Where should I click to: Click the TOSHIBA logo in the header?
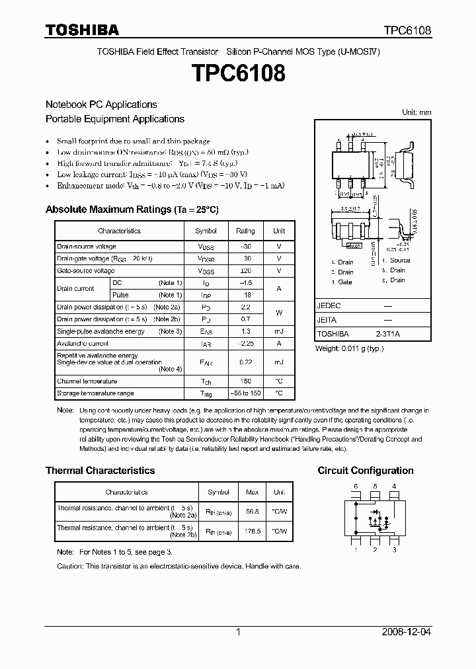(82, 30)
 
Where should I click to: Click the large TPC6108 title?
(237, 73)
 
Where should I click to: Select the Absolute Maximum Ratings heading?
(132, 210)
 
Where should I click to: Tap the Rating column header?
(245, 231)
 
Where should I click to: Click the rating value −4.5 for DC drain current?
(245, 283)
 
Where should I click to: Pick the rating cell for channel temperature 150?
(245, 381)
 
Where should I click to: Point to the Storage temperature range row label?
(95, 393)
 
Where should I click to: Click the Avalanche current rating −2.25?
(245, 344)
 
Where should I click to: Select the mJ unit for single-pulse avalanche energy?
(279, 331)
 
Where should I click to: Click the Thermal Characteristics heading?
(100, 471)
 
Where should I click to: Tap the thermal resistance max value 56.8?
(252, 511)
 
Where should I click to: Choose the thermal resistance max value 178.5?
(252, 531)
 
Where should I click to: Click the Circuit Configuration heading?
(366, 471)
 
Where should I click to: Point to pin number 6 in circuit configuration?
(356, 487)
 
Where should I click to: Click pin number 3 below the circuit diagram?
(394, 549)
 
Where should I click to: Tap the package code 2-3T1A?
(387, 334)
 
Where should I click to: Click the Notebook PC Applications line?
(101, 104)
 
